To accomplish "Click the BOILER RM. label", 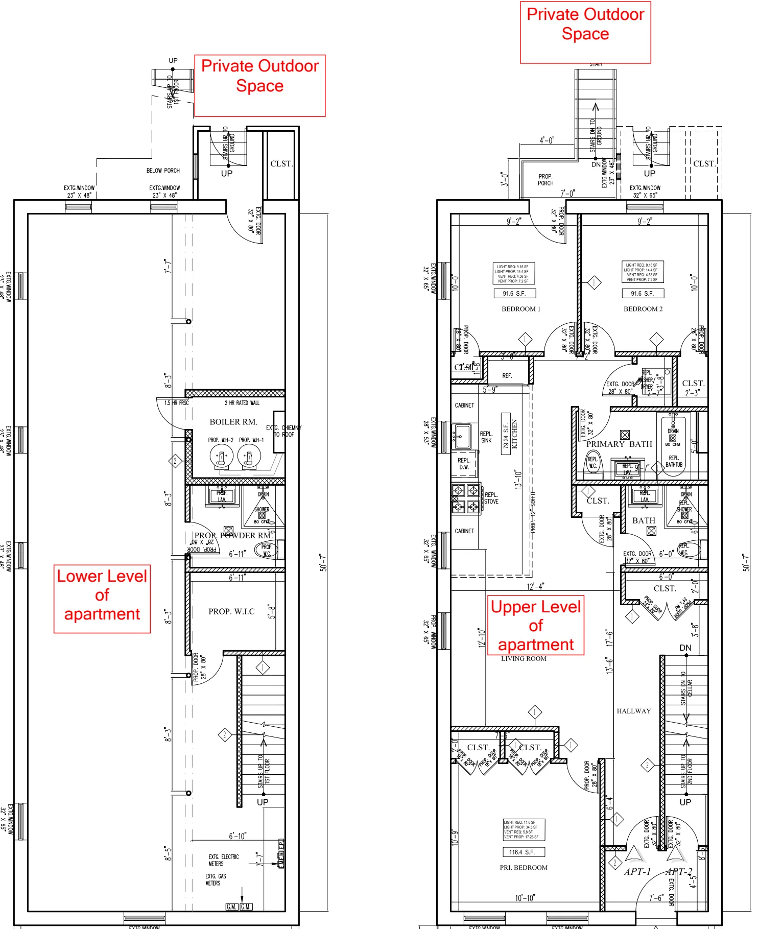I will point(233,422).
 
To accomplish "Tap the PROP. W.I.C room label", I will point(231,611).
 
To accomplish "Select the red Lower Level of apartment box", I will point(102,599).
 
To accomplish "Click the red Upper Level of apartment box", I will point(535,625).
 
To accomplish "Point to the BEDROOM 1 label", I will point(520,309).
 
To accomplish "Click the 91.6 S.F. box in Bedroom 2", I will point(643,293).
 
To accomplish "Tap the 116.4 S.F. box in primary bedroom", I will point(524,852).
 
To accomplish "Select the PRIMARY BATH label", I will point(619,444).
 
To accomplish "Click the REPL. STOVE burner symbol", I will point(466,498).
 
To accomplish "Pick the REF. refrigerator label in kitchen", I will point(507,376).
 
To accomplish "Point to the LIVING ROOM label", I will point(524,659).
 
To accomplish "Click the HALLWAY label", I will point(633,711).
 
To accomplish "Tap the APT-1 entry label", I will point(637,872).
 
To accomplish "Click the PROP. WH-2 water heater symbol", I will point(222,456).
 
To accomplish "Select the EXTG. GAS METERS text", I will point(215,879).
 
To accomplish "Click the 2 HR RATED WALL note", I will point(242,403).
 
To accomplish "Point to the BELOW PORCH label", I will point(163,171).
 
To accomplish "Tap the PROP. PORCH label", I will point(545,180).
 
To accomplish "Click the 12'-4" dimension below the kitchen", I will point(535,586).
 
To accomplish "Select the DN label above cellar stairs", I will point(685,648).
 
